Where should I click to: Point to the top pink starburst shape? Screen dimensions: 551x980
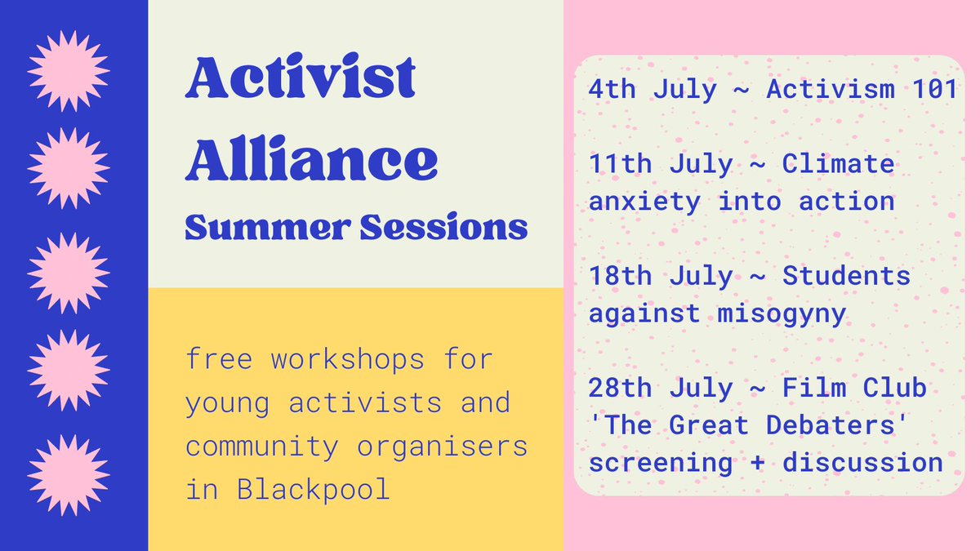click(69, 71)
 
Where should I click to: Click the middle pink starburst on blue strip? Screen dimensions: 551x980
click(69, 273)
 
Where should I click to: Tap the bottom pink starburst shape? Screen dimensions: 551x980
click(69, 475)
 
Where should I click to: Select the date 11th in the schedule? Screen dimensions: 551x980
click(621, 164)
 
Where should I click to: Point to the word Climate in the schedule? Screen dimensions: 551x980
click(839, 164)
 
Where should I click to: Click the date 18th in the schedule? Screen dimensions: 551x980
click(621, 276)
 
